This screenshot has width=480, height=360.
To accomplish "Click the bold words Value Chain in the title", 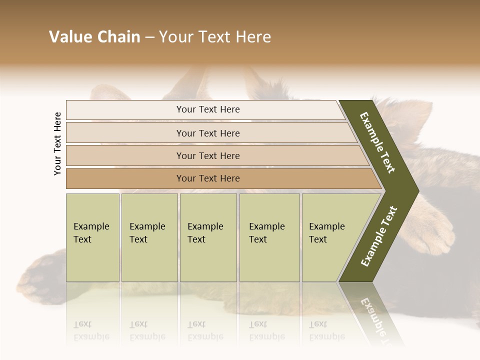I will (94, 37).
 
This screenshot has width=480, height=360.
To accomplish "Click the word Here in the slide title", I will (253, 37).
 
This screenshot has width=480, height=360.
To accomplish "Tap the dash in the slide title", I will (149, 37).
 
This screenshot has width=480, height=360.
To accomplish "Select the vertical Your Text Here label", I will (57, 144).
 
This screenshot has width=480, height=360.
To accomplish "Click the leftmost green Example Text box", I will (92, 237).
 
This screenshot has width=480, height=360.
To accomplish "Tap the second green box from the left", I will (149, 237).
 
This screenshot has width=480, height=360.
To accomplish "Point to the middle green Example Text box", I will (208, 237).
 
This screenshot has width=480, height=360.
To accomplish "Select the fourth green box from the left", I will (269, 237).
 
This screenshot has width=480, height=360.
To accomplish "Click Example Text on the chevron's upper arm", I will (378, 143).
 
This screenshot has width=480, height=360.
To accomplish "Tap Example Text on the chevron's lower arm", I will (379, 236).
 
